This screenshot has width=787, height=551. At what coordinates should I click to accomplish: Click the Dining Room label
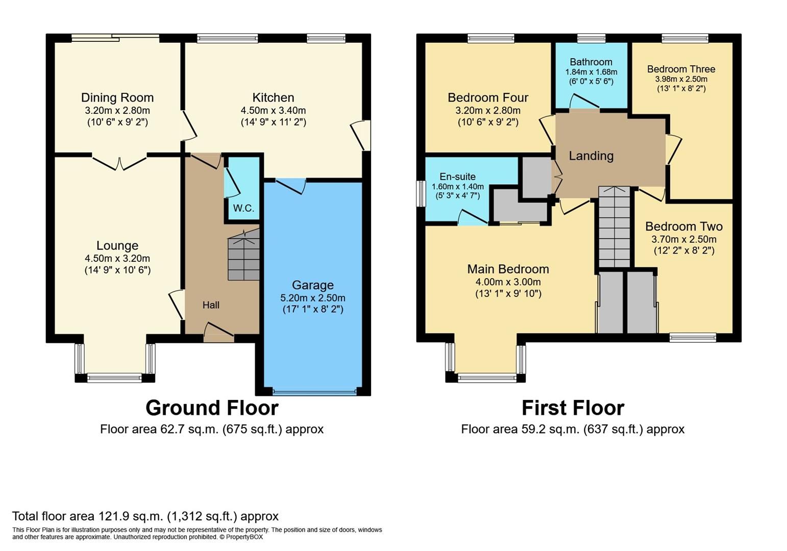pyautogui.click(x=117, y=97)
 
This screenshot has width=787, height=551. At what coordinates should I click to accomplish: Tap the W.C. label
pyautogui.click(x=243, y=208)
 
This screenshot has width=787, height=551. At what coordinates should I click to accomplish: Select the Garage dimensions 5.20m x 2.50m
pyautogui.click(x=312, y=297)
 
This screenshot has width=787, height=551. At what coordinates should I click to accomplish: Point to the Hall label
pyautogui.click(x=211, y=305)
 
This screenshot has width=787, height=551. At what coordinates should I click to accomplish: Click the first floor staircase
pyautogui.click(x=614, y=227)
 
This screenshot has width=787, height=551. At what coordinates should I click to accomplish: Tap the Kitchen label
pyautogui.click(x=273, y=97)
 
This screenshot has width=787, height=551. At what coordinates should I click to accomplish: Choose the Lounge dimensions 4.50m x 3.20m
pyautogui.click(x=117, y=258)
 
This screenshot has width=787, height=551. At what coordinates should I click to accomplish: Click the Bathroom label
pyautogui.click(x=591, y=62)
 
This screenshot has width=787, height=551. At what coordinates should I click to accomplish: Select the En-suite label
pyautogui.click(x=457, y=177)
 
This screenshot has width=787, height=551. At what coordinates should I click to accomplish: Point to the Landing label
pyautogui.click(x=591, y=156)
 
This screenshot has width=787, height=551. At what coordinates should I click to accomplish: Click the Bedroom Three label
pyautogui.click(x=681, y=69)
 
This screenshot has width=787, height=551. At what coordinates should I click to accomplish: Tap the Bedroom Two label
pyautogui.click(x=683, y=226)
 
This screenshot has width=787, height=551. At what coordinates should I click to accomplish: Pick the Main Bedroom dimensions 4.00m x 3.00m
pyautogui.click(x=508, y=282)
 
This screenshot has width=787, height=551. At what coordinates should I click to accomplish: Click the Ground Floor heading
pyautogui.click(x=212, y=408)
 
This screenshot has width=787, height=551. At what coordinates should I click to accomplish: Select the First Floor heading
pyautogui.click(x=573, y=408)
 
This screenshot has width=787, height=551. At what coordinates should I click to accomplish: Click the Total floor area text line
pyautogui.click(x=145, y=516)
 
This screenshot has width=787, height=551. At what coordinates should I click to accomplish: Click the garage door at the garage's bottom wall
pyautogui.click(x=314, y=392)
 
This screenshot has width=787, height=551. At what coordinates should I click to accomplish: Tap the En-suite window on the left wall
pyautogui.click(x=421, y=193)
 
